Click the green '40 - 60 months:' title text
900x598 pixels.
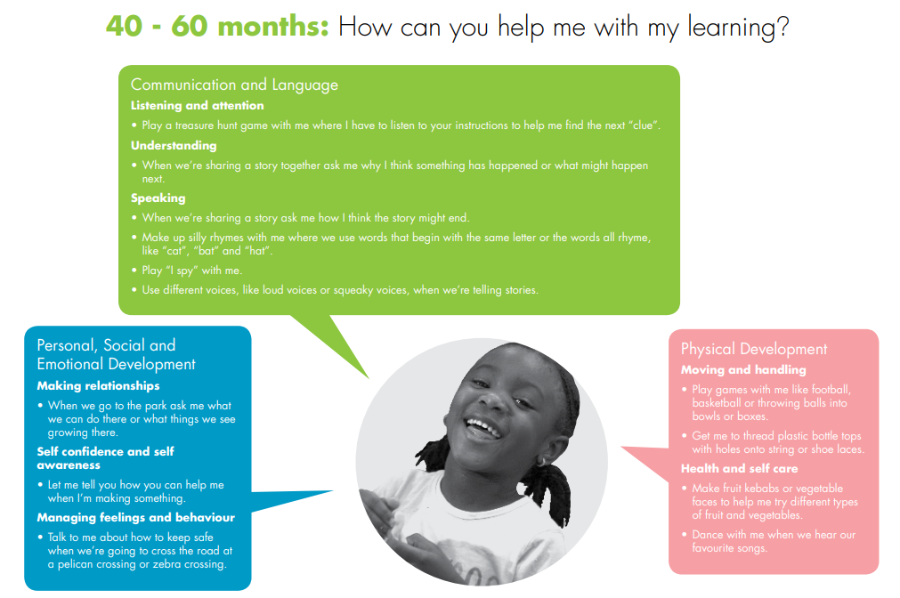tap(217, 27)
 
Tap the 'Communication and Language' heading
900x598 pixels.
tap(234, 85)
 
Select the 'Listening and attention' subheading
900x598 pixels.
tap(198, 106)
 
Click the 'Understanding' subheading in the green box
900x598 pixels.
tap(174, 146)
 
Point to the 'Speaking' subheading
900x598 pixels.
tap(158, 198)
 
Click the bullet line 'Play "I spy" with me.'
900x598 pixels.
tap(191, 271)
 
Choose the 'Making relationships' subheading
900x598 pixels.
tap(98, 385)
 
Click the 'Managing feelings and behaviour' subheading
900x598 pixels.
tap(136, 518)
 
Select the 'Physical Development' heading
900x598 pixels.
tap(754, 349)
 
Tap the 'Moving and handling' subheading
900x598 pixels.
tap(743, 370)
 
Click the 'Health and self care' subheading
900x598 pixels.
tap(739, 469)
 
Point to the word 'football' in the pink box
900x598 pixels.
tap(829, 390)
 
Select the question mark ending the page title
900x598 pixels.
tap(782, 27)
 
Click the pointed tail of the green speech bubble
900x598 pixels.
tap(368, 377)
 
